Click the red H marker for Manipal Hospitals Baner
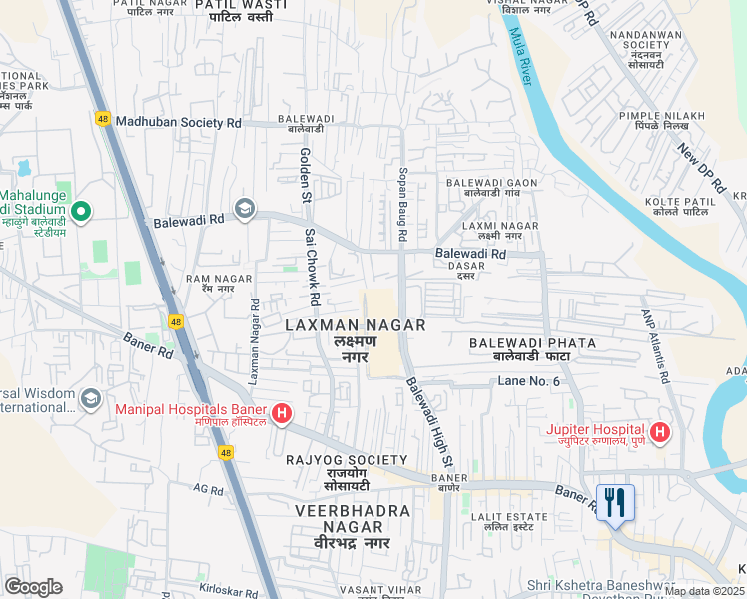[282, 413]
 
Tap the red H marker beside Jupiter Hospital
[659, 431]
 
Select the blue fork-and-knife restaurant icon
[615, 501]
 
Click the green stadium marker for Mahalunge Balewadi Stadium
[82, 211]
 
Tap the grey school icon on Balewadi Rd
[244, 209]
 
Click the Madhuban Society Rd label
[179, 122]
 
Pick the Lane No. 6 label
[529, 382]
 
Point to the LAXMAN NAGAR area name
[356, 325]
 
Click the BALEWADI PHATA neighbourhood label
[533, 343]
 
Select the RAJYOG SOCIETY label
[333, 459]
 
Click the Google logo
[33, 587]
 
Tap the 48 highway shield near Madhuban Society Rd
[103, 118]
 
